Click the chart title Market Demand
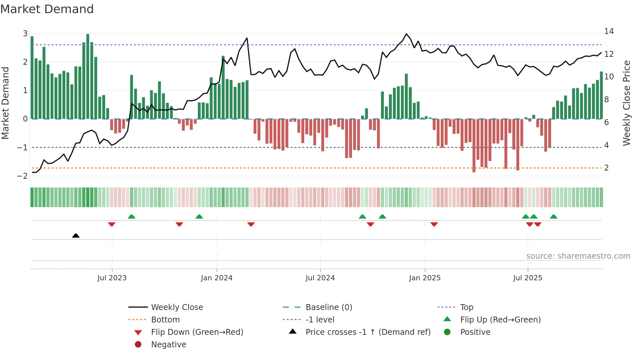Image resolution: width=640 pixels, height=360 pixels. click(47, 9)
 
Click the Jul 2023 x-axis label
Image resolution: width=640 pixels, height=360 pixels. click(112, 278)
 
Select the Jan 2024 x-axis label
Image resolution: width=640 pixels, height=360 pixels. click(216, 278)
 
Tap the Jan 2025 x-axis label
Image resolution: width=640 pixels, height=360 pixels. click(424, 278)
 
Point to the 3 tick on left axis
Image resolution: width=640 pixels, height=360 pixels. click(25, 34)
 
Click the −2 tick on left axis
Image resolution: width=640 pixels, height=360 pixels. click(23, 176)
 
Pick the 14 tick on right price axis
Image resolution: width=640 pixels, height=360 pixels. click(609, 31)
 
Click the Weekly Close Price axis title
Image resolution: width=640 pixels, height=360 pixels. click(626, 103)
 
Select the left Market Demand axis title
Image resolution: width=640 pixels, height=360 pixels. click(5, 103)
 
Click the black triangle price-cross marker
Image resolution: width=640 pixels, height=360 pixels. click(76, 236)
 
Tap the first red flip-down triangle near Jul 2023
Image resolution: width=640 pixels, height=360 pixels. click(112, 224)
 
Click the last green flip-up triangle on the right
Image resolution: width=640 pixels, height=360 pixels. click(553, 217)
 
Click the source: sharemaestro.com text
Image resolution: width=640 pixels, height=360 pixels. click(578, 256)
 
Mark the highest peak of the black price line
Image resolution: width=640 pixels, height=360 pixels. click(406, 34)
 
